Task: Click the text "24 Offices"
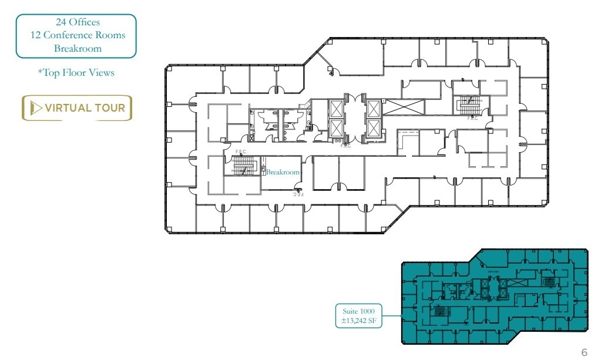[78, 22]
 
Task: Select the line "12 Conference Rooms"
[78, 35]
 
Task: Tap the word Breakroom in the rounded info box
[78, 48]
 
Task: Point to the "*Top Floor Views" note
[76, 73]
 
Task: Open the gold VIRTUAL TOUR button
[77, 108]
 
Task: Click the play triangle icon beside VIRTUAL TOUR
[36, 108]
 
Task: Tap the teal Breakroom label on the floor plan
[283, 173]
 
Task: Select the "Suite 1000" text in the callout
[358, 311]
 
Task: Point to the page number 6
[584, 352]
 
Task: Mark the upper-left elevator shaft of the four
[336, 109]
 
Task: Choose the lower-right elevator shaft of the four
[373, 128]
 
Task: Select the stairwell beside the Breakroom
[241, 167]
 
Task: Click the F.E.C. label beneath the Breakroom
[298, 194]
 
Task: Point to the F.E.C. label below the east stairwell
[472, 118]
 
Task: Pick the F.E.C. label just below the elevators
[345, 146]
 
